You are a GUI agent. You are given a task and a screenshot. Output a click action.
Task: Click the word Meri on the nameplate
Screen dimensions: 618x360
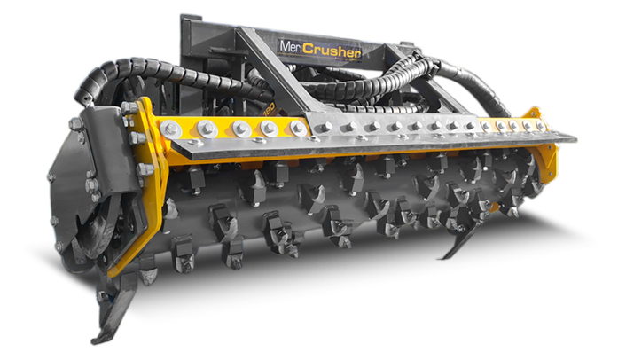click(x=291, y=47)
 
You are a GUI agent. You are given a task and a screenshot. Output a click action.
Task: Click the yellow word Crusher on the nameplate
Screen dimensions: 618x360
click(x=332, y=51)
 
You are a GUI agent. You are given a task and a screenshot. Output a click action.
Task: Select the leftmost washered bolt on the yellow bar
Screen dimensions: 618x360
click(x=171, y=129)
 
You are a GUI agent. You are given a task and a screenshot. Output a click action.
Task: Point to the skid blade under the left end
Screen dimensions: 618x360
click(x=114, y=308)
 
